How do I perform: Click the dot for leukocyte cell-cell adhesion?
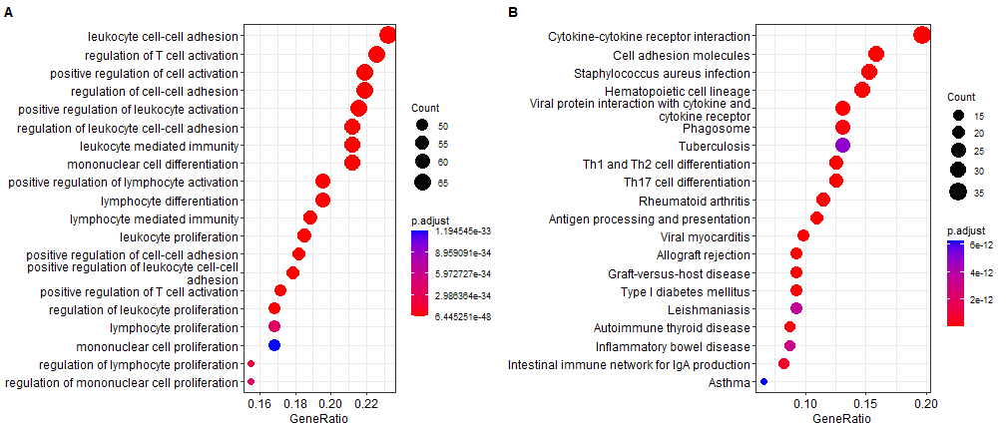387,36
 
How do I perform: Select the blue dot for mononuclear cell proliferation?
274,345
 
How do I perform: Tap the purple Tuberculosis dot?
842,146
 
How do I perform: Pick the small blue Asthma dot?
763,381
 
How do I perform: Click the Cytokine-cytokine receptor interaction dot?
921,36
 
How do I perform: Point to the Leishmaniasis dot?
796,309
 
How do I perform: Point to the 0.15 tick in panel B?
866,405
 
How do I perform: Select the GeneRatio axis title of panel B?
841,419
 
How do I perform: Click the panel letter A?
8,12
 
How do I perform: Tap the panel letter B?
511,12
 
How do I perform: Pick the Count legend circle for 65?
421,183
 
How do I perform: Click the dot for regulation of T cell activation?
376,55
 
